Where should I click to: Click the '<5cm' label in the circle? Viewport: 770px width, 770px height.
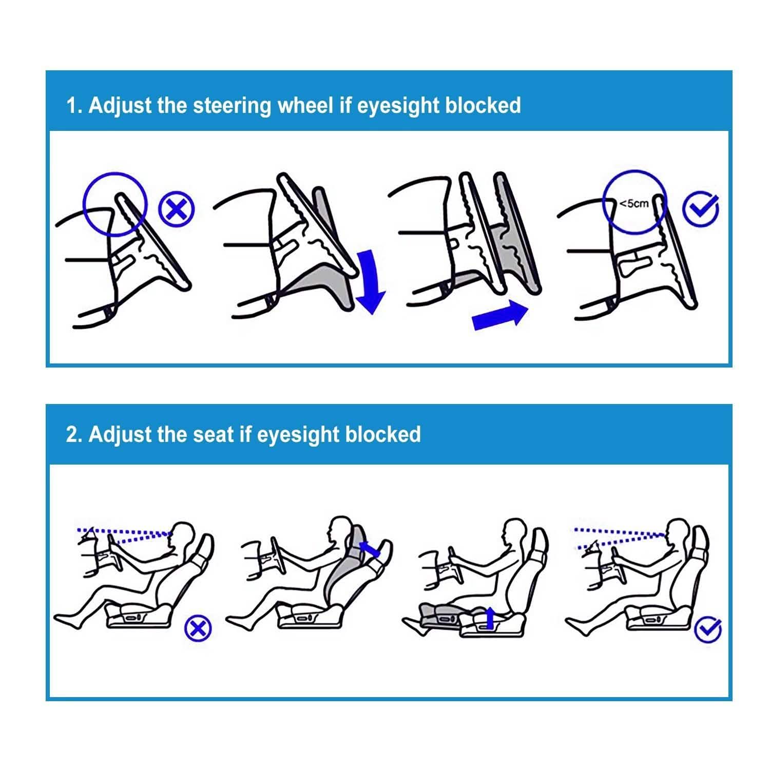pos(634,203)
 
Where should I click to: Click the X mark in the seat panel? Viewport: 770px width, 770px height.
pos(198,628)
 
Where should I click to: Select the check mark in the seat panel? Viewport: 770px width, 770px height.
pos(708,629)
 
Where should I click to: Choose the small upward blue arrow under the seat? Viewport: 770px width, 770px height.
pos(490,618)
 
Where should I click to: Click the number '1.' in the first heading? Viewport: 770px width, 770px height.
pos(74,105)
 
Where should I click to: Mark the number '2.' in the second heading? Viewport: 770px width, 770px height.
pos(74,434)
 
